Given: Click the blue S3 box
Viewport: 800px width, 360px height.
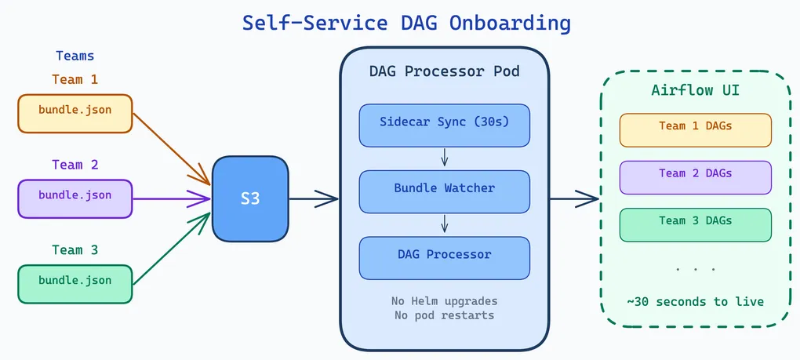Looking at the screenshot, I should coord(249,198).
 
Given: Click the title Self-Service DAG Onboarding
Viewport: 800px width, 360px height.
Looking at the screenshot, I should coord(406,23).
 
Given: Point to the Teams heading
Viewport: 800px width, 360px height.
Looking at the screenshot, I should coord(75,56).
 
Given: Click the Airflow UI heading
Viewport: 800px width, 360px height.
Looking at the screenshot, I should coord(695,90).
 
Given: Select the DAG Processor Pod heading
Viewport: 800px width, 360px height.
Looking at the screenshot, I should coord(445,71).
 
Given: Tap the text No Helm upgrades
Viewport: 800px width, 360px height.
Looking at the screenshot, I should coord(445,301).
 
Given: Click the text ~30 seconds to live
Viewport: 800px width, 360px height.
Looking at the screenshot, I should coord(695,302).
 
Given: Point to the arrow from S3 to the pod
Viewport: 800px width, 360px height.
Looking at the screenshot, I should coord(314,199).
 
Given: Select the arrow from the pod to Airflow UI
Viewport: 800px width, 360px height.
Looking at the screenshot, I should coord(574,199).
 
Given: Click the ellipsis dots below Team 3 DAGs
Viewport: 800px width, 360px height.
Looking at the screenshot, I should coord(695,269).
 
